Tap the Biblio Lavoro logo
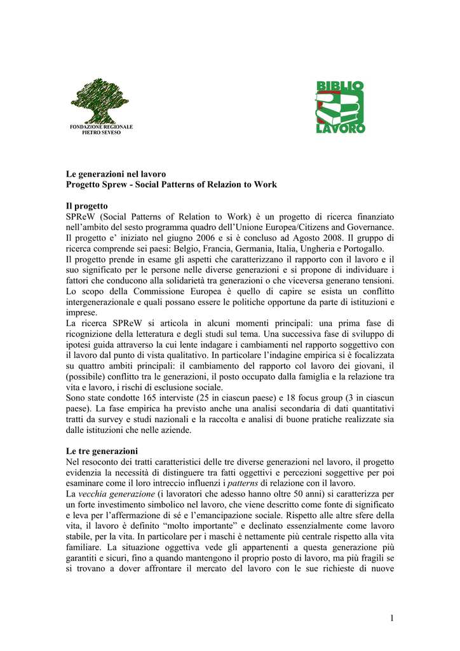point(341,107)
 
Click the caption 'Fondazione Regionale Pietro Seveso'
point(101,130)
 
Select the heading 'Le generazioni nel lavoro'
point(116,174)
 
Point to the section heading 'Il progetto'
point(87,206)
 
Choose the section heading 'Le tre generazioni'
point(102,451)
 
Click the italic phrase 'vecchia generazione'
point(116,493)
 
